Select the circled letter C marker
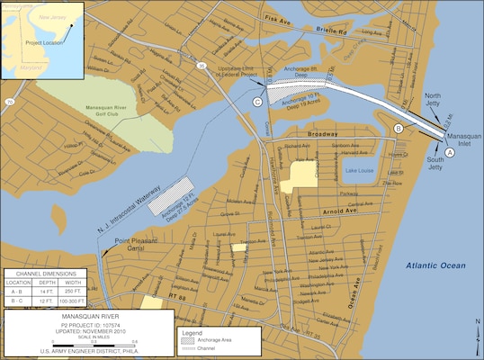tap(257, 102)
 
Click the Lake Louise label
tap(359, 170)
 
